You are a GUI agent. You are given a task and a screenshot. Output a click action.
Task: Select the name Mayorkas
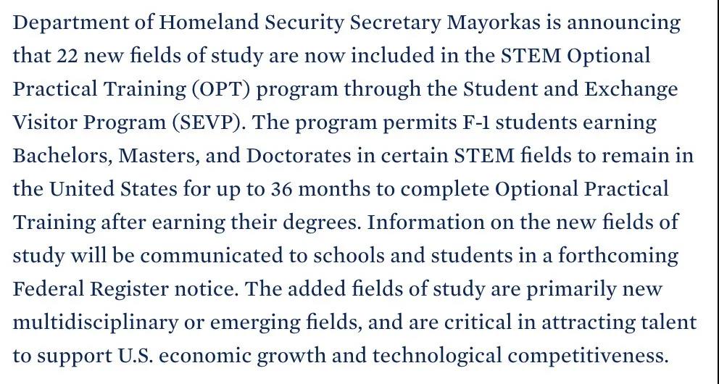click(x=493, y=22)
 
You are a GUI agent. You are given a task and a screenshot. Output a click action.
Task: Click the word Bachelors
click(x=62, y=156)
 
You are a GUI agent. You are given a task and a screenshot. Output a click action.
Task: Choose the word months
click(x=332, y=189)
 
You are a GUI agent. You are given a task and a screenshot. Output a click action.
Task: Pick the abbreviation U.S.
click(x=136, y=356)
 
